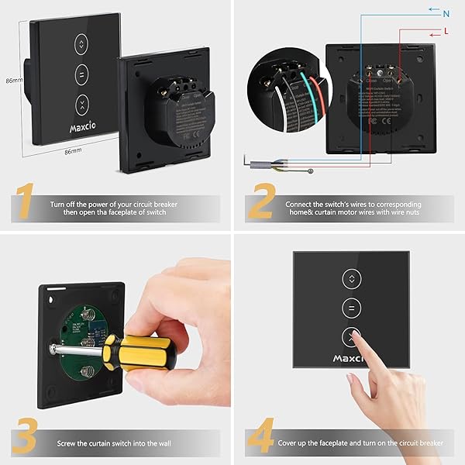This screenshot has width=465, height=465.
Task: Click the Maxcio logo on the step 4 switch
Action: click(x=349, y=359)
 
